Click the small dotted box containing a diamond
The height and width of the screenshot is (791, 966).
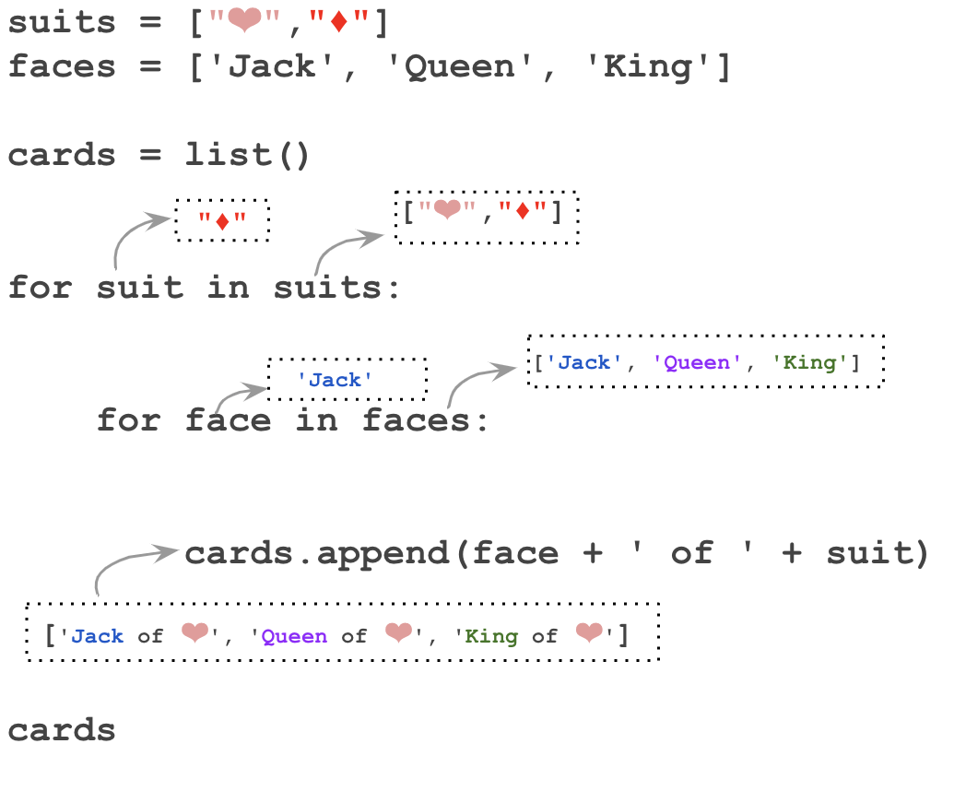coord(222,220)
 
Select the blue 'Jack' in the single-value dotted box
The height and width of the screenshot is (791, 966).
coord(335,380)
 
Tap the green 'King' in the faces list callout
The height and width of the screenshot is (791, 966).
coord(808,362)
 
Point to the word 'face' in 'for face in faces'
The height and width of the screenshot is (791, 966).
coord(229,420)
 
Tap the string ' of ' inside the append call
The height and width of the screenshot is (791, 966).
coord(692,553)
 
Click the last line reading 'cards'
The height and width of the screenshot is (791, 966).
coord(62,730)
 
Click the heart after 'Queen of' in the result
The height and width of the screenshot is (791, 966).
coord(398,633)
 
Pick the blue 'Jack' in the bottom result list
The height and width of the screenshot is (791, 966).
coord(97,636)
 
